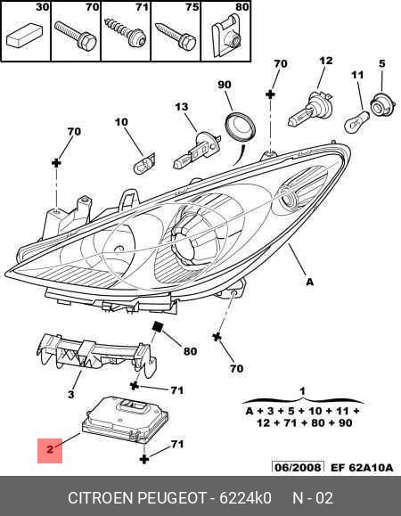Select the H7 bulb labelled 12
[x=311, y=109]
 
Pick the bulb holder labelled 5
[x=382, y=103]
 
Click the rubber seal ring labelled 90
[x=241, y=127]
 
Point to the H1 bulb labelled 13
[x=196, y=152]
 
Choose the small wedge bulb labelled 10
[x=144, y=163]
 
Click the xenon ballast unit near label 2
[x=125, y=419]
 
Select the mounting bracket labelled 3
[x=96, y=356]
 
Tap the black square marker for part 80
[x=158, y=327]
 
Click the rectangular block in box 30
[x=25, y=36]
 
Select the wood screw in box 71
[x=125, y=33]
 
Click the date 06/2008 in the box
[x=298, y=467]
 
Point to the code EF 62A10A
[x=362, y=468]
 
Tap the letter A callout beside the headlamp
[x=309, y=282]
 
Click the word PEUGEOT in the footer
[x=171, y=498]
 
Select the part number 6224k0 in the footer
[x=245, y=498]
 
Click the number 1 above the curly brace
[x=302, y=391]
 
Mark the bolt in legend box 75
[x=176, y=36]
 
